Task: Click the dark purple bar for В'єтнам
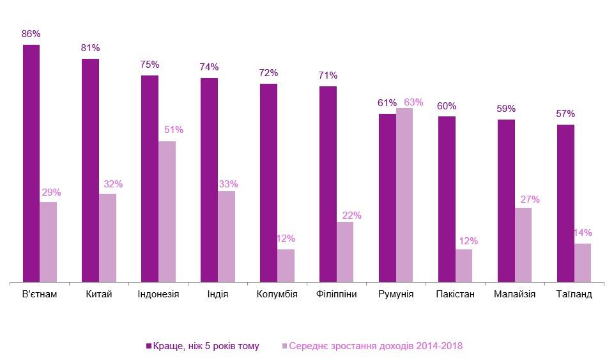pyautogui.click(x=31, y=163)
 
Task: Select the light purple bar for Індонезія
pyautogui.click(x=167, y=211)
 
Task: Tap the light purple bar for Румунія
pyautogui.click(x=404, y=194)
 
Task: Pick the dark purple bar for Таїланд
pyautogui.click(x=565, y=203)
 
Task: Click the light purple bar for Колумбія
pyautogui.click(x=286, y=265)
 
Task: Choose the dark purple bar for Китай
pyautogui.click(x=91, y=169)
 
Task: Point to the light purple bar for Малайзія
pyautogui.click(x=523, y=244)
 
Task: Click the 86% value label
pyautogui.click(x=31, y=34)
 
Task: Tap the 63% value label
pyautogui.click(x=414, y=102)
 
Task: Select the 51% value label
pyautogui.click(x=174, y=130)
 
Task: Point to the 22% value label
pyautogui.click(x=352, y=215)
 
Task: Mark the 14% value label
pyautogui.click(x=582, y=233)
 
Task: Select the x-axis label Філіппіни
pyautogui.click(x=336, y=295)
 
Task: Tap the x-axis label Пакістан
pyautogui.click(x=455, y=295)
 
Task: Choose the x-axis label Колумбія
pyautogui.click(x=277, y=295)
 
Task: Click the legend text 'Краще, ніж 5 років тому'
pyautogui.click(x=206, y=346)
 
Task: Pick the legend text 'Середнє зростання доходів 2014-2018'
pyautogui.click(x=376, y=346)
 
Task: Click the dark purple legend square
pyautogui.click(x=148, y=346)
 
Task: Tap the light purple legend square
pyautogui.click(x=284, y=346)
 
